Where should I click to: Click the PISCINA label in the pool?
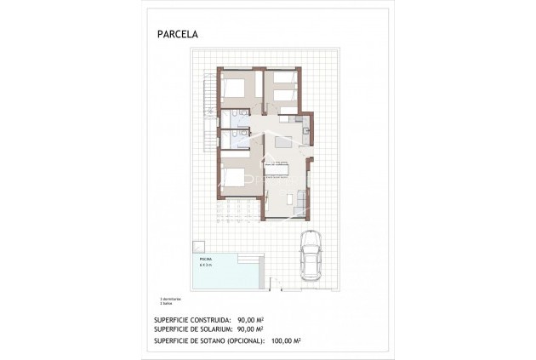207,257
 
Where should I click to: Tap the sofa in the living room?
299,199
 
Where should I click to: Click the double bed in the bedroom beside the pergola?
235,177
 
